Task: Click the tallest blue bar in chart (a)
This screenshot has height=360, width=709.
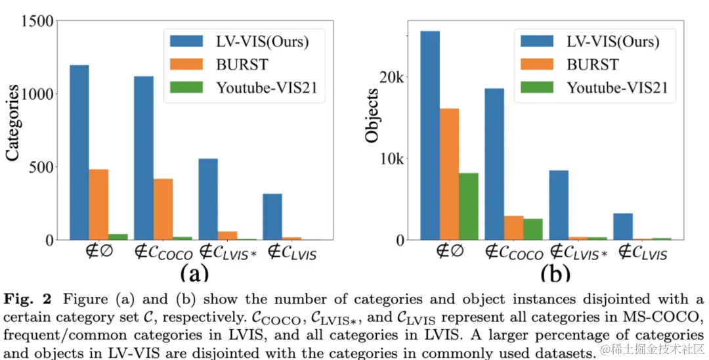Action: (79, 152)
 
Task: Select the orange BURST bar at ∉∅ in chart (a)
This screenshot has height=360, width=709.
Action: (98, 204)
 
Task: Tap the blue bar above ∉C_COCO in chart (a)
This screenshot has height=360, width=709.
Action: (143, 158)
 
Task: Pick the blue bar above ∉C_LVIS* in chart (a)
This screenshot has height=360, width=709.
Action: (208, 199)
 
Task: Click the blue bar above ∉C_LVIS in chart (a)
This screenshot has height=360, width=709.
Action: (272, 217)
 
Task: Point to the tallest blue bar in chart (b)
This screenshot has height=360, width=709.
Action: (430, 135)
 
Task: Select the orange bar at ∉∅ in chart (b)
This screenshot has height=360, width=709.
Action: (449, 174)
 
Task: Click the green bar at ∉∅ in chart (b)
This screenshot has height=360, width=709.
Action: (468, 206)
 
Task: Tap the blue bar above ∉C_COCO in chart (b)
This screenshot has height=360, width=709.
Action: (494, 164)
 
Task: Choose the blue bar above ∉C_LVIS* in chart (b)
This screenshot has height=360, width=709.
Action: (559, 205)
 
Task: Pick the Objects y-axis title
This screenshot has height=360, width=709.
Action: (372, 117)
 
